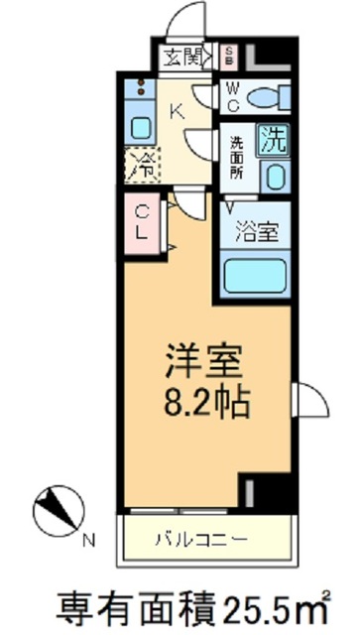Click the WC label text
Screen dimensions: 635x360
[230, 97]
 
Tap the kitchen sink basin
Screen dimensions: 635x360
[140, 128]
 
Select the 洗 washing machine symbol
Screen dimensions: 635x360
[273, 140]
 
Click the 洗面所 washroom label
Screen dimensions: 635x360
[236, 156]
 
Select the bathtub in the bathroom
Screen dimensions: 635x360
[257, 275]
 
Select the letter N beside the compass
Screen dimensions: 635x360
[88, 541]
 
